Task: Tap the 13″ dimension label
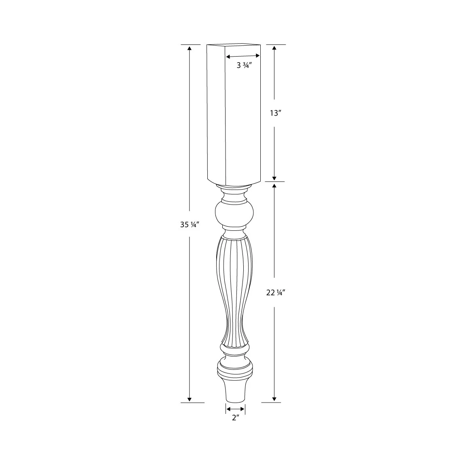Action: pyautogui.click(x=275, y=113)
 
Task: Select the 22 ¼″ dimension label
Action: pyautogui.click(x=276, y=293)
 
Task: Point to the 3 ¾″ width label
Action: pyautogui.click(x=245, y=65)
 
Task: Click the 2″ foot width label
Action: pyautogui.click(x=236, y=418)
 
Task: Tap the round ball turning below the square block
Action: pyautogui.click(x=234, y=214)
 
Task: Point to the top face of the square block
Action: pyautogui.click(x=234, y=45)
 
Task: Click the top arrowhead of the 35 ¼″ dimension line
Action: pyautogui.click(x=189, y=48)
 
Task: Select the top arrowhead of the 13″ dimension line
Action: pyautogui.click(x=274, y=48)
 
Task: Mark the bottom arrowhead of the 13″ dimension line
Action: pyautogui.click(x=274, y=178)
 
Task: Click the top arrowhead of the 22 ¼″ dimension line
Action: pyautogui.click(x=274, y=186)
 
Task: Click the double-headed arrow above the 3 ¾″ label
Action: pyautogui.click(x=243, y=57)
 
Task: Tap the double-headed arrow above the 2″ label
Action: pyautogui.click(x=235, y=409)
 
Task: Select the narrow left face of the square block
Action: pyautogui.click(x=216, y=113)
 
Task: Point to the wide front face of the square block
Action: pyautogui.click(x=243, y=121)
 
